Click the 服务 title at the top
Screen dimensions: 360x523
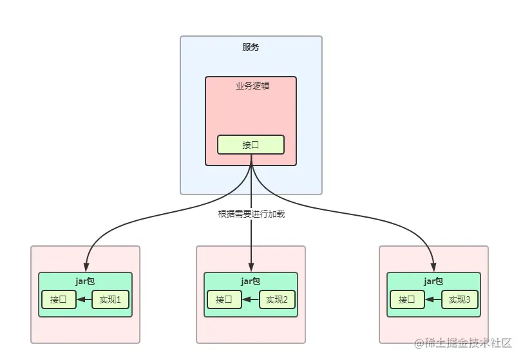[251, 47]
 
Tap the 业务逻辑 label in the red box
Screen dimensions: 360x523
[251, 86]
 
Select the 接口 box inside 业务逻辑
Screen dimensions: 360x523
[251, 144]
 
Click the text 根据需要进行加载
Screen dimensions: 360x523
[251, 214]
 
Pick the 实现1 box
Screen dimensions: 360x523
[112, 299]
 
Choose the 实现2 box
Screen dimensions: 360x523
[278, 299]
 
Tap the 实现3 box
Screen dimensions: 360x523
[461, 299]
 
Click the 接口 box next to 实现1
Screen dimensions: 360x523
[59, 299]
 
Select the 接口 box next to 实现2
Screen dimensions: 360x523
[224, 299]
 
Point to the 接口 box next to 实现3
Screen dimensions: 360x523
[407, 299]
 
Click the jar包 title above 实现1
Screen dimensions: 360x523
[86, 281]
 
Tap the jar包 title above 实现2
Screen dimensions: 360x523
[251, 281]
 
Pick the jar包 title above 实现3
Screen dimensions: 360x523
[434, 281]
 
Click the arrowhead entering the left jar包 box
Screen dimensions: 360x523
[86, 267]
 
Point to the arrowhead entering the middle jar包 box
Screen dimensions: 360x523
[251, 267]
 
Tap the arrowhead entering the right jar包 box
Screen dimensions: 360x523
[434, 267]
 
